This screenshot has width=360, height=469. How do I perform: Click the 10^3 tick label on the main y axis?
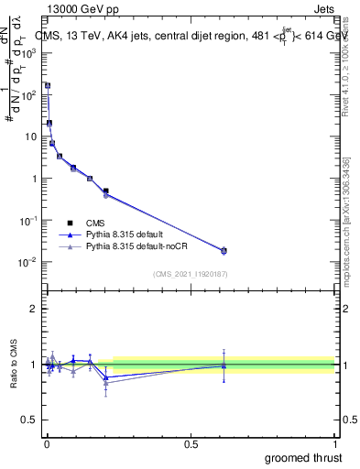click(x=27, y=53)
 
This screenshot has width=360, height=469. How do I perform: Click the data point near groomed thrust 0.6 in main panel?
click(x=224, y=250)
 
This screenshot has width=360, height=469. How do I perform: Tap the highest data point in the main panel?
click(x=48, y=85)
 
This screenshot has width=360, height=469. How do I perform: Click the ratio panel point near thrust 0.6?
click(x=224, y=365)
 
